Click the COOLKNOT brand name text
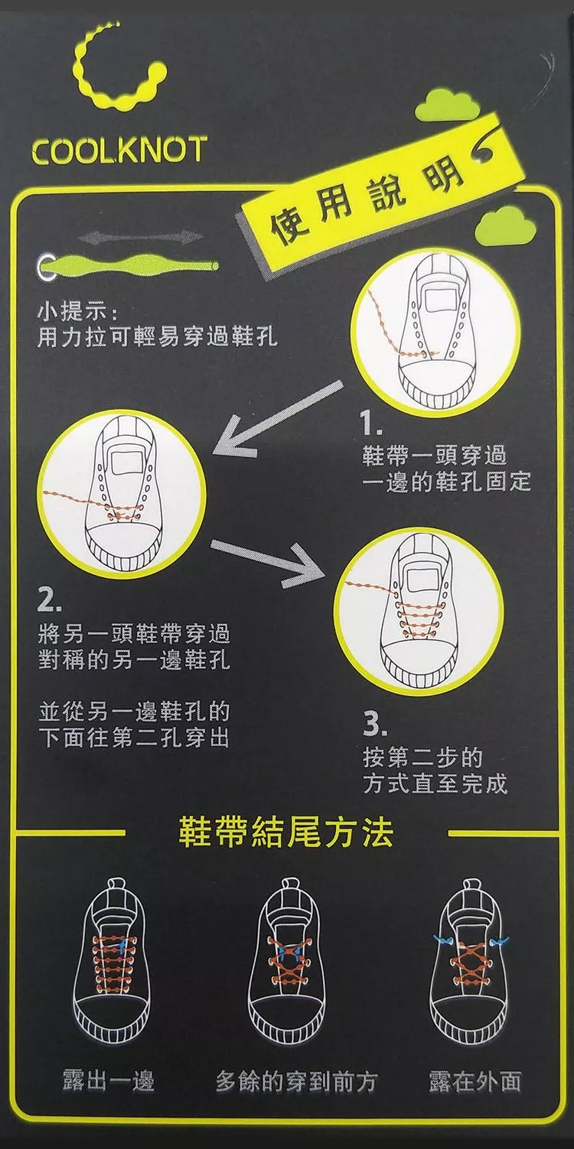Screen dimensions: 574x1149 point(119,150)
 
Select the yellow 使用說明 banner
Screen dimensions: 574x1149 point(379,197)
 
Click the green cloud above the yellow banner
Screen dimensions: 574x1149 point(447,105)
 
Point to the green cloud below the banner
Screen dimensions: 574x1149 point(506,225)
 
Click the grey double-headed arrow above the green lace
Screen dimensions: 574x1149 point(141,238)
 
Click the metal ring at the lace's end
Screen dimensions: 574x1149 point(44,267)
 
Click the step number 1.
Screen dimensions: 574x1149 point(370,424)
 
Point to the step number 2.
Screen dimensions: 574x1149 point(49,601)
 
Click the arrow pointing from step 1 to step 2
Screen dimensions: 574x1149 point(278,418)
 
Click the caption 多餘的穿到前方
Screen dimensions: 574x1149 point(296,1081)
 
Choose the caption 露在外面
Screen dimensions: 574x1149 point(475,1081)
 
